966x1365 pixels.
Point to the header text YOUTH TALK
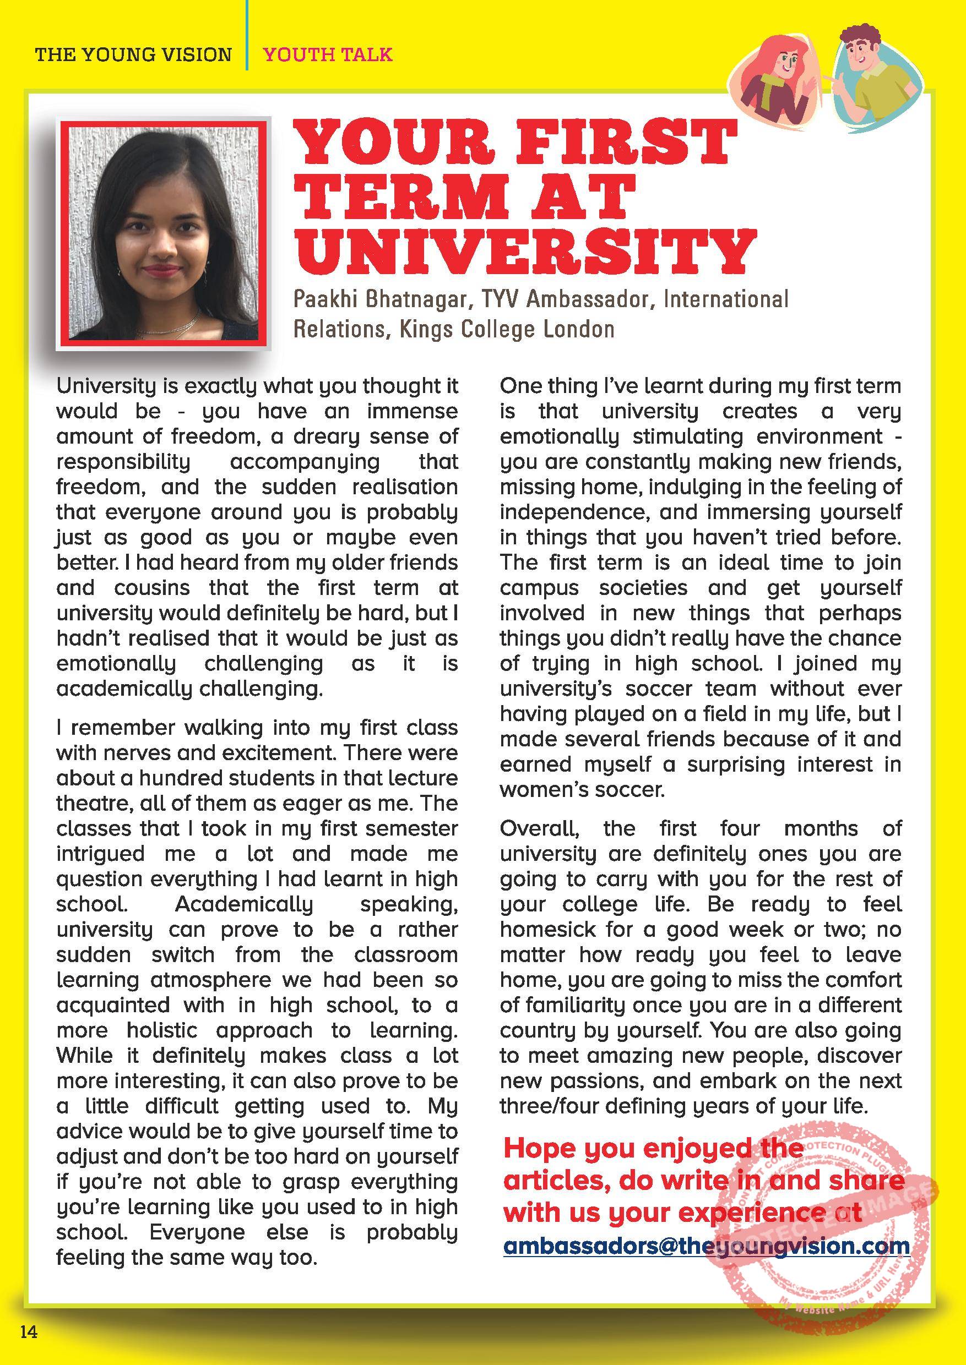[x=328, y=54]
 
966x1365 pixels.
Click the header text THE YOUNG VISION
[x=133, y=54]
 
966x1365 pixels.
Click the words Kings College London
[x=507, y=329]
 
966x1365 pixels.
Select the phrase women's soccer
[x=581, y=789]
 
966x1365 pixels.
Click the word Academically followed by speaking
[x=244, y=904]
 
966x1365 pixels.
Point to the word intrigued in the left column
[x=101, y=854]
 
